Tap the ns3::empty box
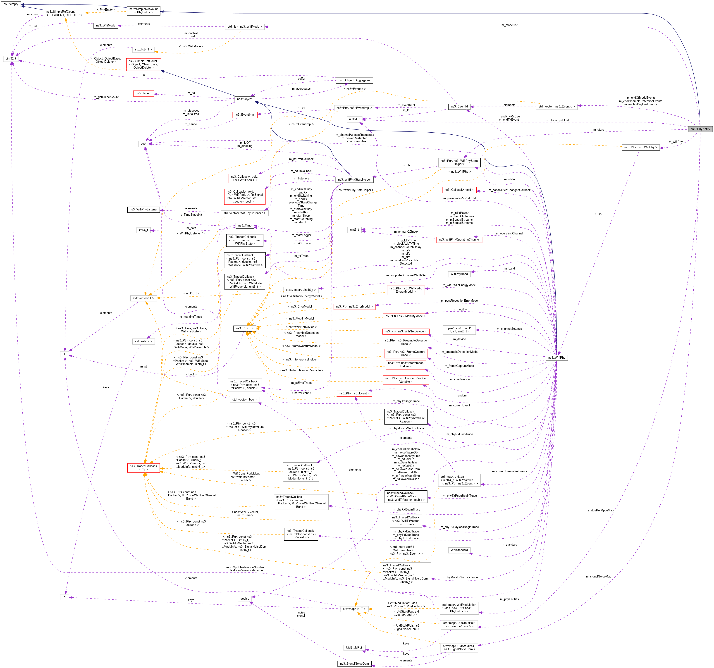tap(11, 4)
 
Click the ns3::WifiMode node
tap(106, 26)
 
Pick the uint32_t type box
tap(11, 59)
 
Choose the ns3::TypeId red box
tap(143, 93)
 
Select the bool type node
tap(143, 144)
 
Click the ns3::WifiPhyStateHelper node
tap(354, 180)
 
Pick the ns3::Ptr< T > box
tap(244, 328)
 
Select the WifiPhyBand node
tap(459, 274)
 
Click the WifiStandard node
tap(459, 550)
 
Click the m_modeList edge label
tap(509, 25)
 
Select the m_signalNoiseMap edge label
tap(598, 576)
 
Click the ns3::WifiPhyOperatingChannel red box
tap(459, 240)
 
